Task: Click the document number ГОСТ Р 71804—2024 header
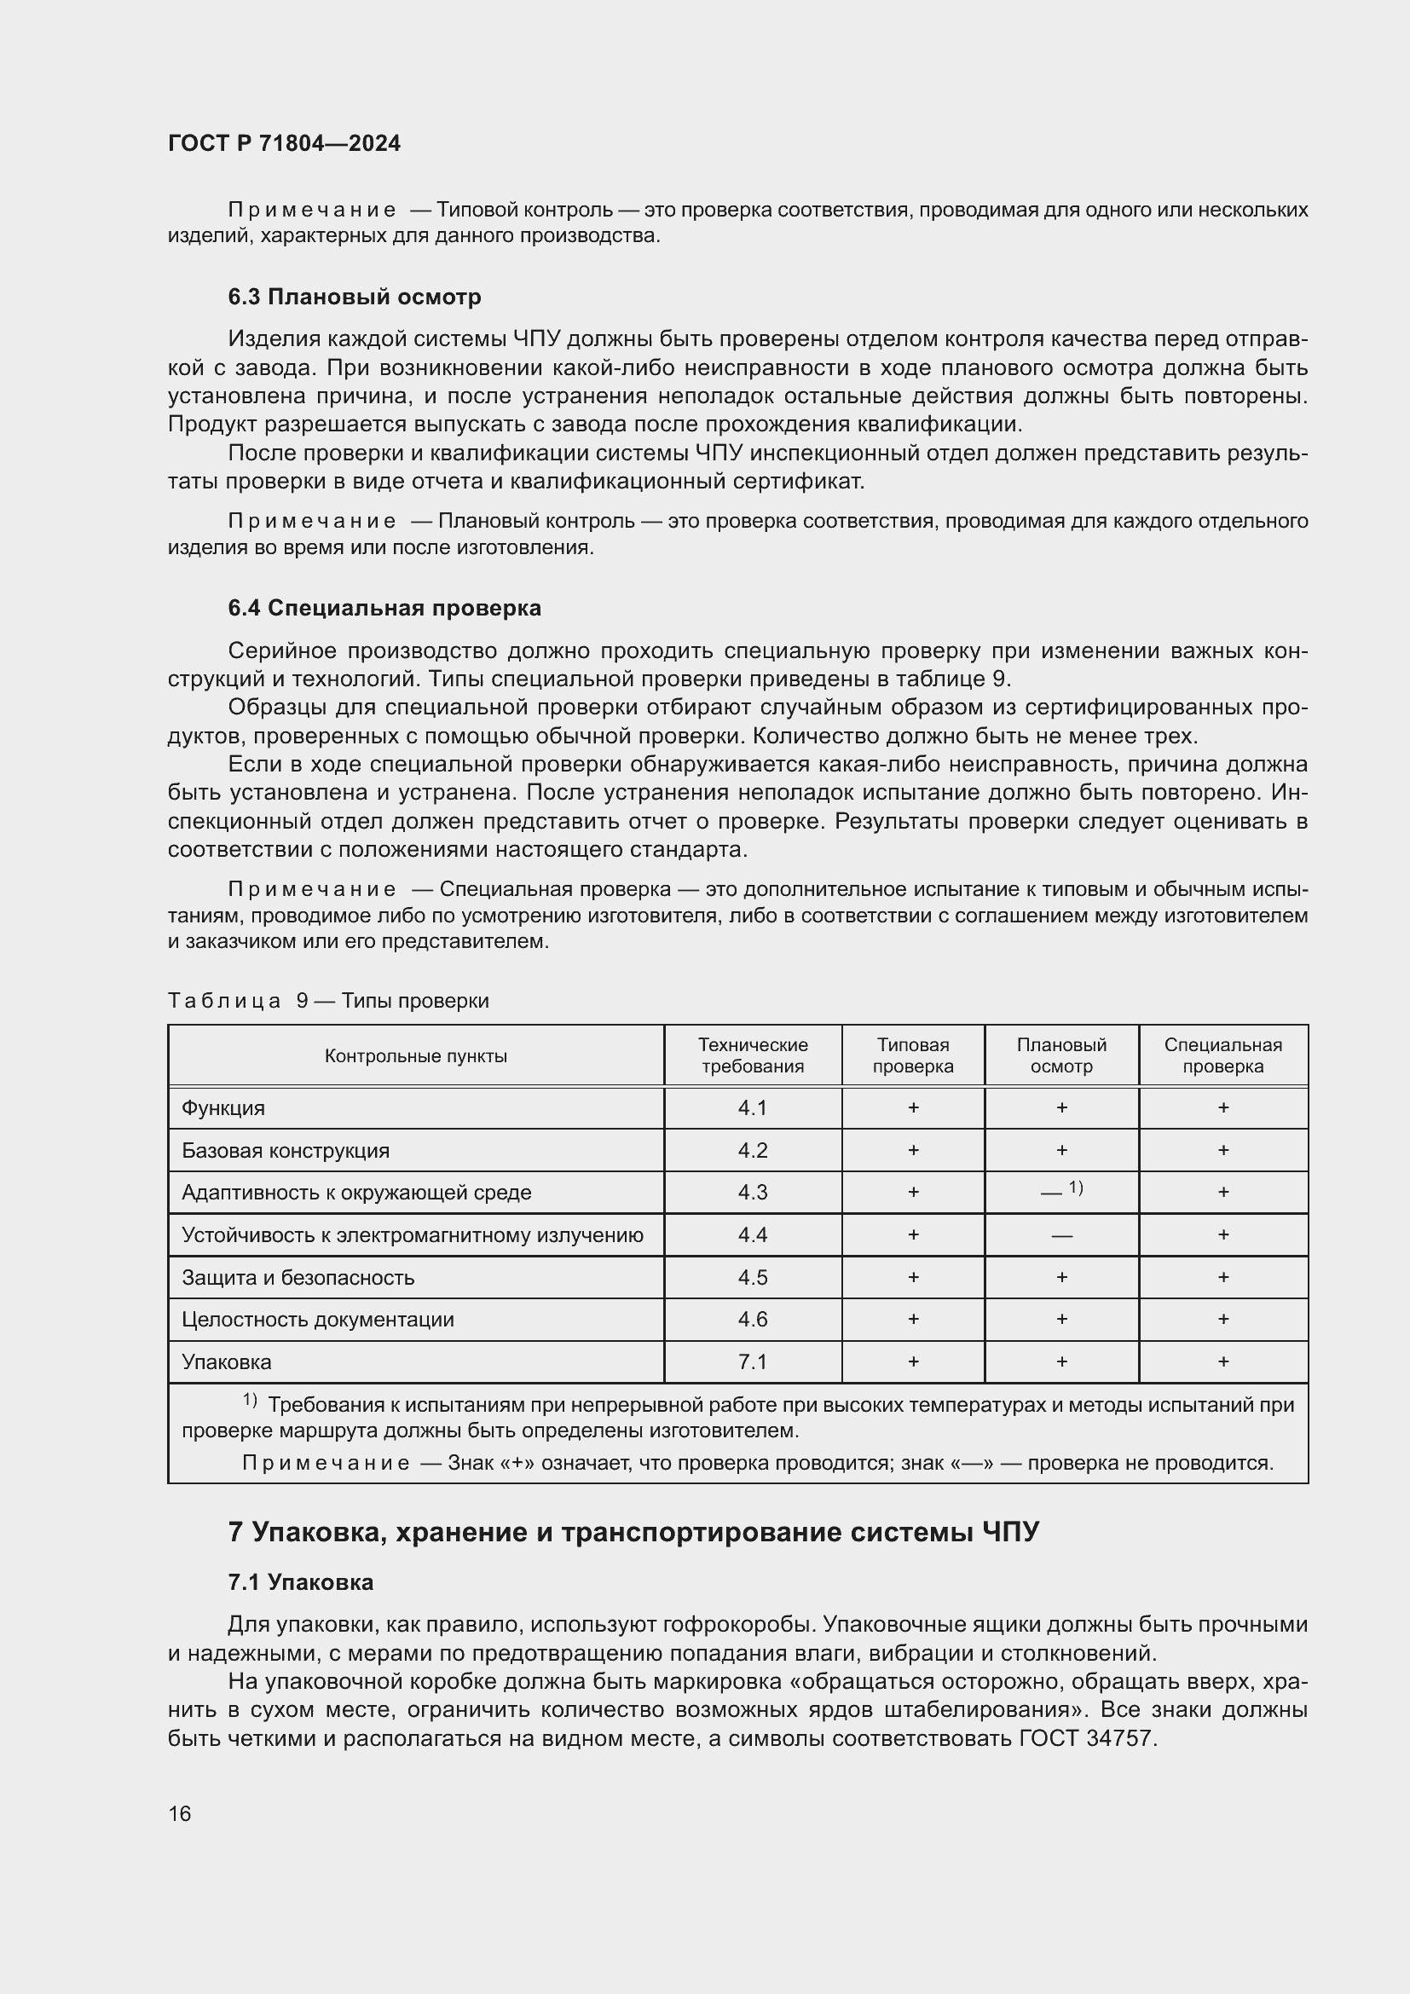(284, 143)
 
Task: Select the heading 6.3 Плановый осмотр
(355, 297)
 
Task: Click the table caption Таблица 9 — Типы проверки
(328, 1001)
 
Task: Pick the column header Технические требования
(752, 1055)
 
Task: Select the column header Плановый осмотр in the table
(1061, 1055)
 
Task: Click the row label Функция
(223, 1108)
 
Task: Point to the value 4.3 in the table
(752, 1193)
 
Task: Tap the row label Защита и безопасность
(298, 1278)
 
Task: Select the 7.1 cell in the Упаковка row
(752, 1361)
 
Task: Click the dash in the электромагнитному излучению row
(1061, 1236)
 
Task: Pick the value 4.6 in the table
(752, 1319)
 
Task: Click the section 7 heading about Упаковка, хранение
(632, 1532)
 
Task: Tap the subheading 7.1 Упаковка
(300, 1582)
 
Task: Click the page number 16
(180, 1813)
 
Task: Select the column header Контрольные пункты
(415, 1056)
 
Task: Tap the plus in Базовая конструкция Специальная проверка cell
(1222, 1150)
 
